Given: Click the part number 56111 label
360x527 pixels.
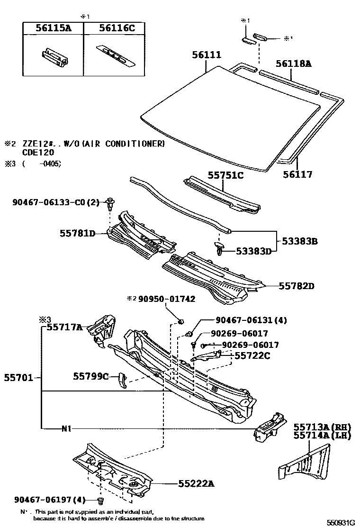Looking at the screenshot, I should tap(207, 55).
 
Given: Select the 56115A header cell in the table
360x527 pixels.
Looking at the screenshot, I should tap(53, 28).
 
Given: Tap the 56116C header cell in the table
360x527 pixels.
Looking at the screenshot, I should tap(117, 28).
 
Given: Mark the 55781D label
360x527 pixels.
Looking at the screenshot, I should tap(77, 233).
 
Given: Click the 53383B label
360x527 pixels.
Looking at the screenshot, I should tap(299, 241).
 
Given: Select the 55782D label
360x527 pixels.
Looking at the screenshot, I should tap(297, 286).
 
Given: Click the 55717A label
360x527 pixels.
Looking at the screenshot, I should tap(64, 327).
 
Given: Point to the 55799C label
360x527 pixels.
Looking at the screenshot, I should tap(91, 376).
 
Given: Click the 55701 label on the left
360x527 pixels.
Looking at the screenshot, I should tap(18, 377).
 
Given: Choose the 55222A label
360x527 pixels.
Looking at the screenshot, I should tap(196, 483).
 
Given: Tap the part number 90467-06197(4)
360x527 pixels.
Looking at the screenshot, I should tap(50, 500).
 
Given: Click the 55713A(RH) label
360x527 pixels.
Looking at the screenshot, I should tap(322, 427).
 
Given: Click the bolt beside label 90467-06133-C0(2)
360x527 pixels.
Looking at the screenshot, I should tap(110, 204).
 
